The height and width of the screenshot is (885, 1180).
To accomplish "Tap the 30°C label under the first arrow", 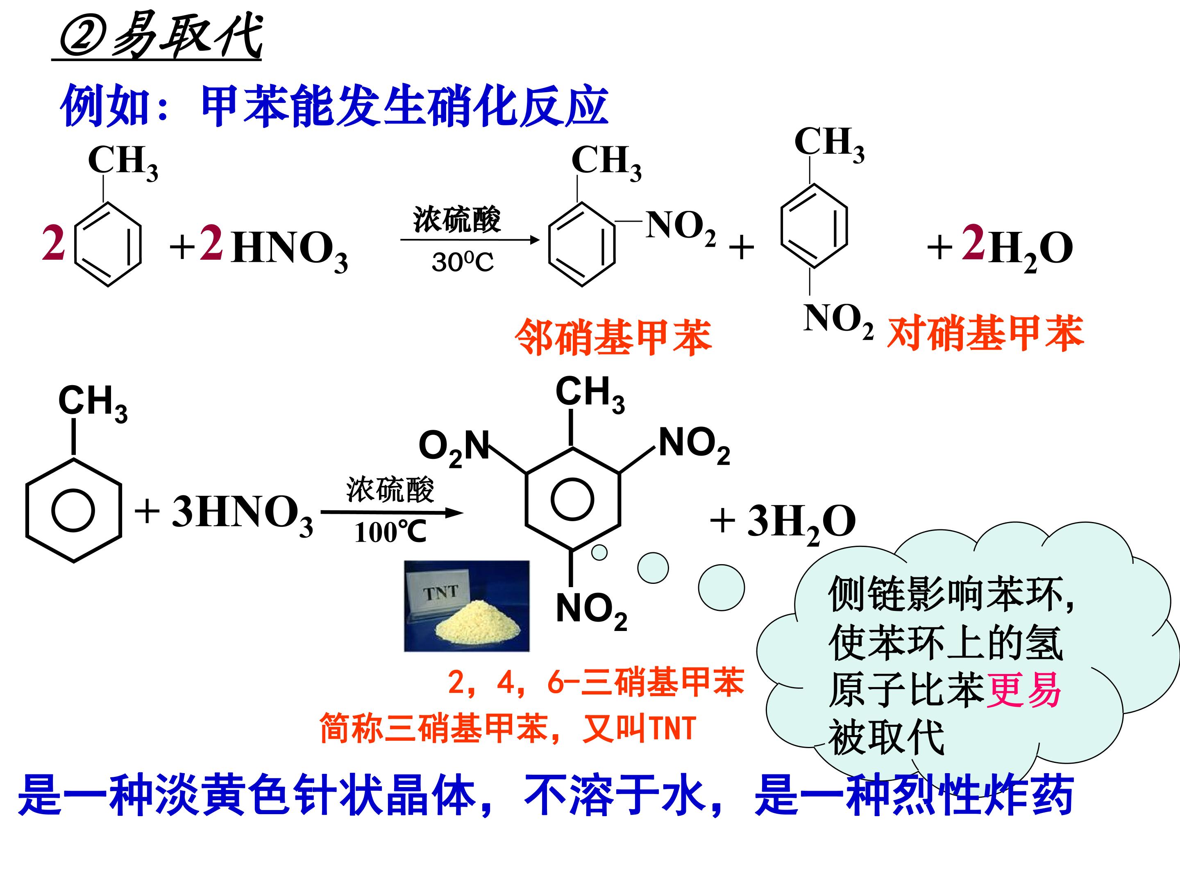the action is (x=463, y=262).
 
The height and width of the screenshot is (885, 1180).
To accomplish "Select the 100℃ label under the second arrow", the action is (x=391, y=532).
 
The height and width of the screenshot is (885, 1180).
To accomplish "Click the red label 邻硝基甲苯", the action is (x=613, y=337).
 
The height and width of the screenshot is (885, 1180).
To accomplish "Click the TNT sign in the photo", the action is (x=440, y=592).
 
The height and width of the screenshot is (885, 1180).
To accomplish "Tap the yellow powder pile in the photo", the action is (x=477, y=622).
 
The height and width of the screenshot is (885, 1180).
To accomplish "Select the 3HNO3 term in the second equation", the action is (x=242, y=514).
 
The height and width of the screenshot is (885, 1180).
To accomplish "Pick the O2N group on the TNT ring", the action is (x=454, y=447).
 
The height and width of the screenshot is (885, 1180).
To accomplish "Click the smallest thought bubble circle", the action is (x=599, y=552).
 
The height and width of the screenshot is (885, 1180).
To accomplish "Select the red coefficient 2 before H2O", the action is (x=973, y=243).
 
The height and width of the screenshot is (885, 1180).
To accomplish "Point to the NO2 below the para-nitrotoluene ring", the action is (x=838, y=320).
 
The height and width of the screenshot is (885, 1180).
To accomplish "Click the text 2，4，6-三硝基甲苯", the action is (x=596, y=682).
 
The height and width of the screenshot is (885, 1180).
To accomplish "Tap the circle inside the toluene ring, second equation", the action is (x=73, y=511).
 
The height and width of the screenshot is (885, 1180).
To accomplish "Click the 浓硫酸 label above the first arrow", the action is (x=457, y=220).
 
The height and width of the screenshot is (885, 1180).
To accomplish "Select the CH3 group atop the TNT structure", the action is (x=590, y=394).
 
